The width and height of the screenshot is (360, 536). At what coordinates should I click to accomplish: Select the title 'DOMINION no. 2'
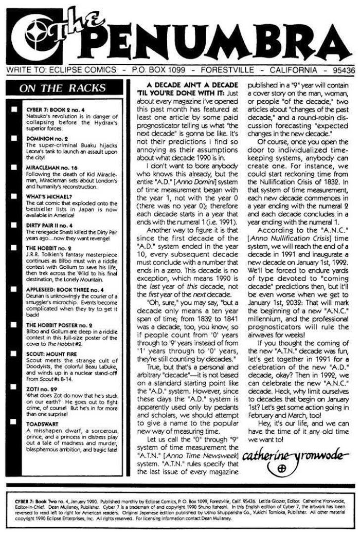pyautogui.click(x=46, y=134)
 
